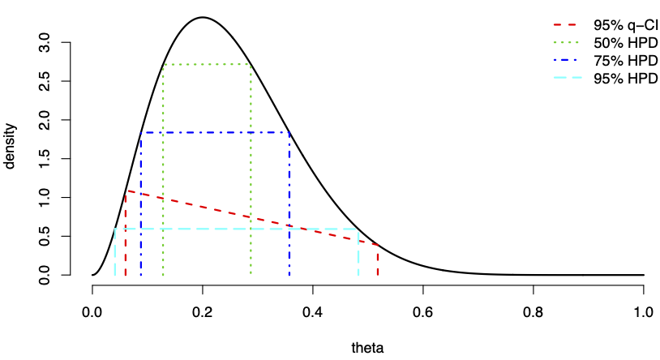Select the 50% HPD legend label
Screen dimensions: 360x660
625,42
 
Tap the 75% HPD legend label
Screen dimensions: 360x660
625,60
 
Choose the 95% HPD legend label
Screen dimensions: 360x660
625,78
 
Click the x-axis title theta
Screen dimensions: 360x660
367,348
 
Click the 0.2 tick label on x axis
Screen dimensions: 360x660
203,312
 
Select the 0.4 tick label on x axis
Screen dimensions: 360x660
313,312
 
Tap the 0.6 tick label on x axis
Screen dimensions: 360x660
423,312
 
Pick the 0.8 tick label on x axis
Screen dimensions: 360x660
534,312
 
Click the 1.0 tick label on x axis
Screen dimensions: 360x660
644,312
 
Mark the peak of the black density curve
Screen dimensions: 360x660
203,17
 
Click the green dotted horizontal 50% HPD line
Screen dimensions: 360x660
207,64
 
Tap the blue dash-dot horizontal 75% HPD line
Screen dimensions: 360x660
215,132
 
